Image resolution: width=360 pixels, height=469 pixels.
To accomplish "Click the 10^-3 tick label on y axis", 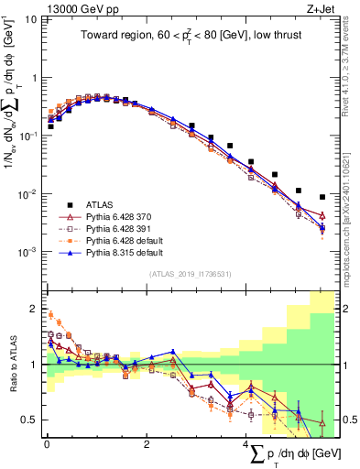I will coord(28,251).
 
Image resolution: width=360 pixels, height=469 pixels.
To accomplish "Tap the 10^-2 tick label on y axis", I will coord(28,193).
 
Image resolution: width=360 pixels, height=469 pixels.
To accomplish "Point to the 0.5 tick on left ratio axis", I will coord(30,420).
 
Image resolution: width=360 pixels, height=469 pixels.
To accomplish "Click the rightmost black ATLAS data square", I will coord(322,197).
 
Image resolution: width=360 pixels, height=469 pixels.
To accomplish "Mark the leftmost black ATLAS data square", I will coord(50,126).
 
